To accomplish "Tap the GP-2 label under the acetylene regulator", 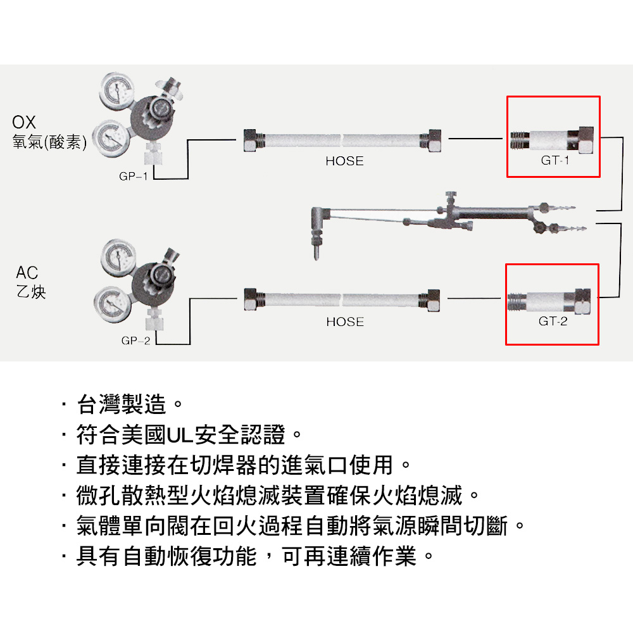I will click(x=135, y=341).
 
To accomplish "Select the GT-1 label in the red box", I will click(x=555, y=161).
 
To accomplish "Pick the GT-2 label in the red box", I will click(x=553, y=322).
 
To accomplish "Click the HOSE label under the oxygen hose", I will click(x=344, y=161).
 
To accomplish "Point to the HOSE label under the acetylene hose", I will click(x=345, y=322).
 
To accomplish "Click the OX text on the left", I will click(x=24, y=122).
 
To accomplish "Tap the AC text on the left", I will click(x=27, y=273).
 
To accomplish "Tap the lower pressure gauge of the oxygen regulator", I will click(x=109, y=136).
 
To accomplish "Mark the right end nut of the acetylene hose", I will click(x=434, y=299).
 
